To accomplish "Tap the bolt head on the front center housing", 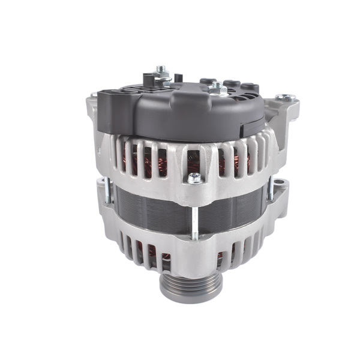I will click(194, 178).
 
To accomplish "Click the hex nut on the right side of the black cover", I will click(216, 89).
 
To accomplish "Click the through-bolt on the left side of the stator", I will click(106, 191).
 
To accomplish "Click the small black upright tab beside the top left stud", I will click(178, 78).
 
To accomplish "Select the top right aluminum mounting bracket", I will click(282, 111).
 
